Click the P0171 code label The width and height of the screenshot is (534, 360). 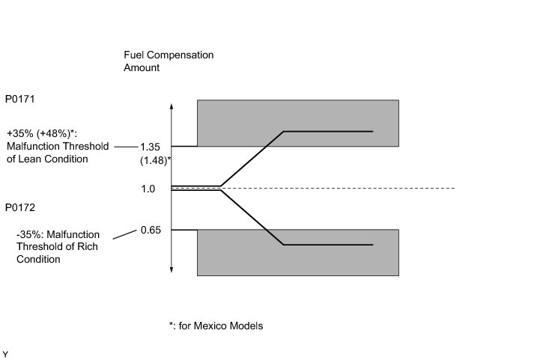click(x=20, y=99)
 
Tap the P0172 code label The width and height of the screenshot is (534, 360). click(x=20, y=206)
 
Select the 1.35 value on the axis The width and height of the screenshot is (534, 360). click(x=151, y=147)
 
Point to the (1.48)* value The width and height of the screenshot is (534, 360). click(x=154, y=160)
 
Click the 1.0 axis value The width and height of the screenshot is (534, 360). click(x=148, y=189)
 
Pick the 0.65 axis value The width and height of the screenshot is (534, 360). click(x=151, y=230)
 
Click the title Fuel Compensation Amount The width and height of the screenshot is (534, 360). click(x=169, y=61)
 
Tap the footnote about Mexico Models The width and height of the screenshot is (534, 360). click(x=216, y=326)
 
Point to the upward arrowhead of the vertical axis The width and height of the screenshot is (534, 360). click(x=172, y=105)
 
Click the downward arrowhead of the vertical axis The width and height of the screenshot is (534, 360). click(x=172, y=269)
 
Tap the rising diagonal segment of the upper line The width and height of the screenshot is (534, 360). click(x=252, y=158)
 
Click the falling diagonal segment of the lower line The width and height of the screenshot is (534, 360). click(x=252, y=218)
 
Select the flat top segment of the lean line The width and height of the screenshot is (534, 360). click(x=328, y=131)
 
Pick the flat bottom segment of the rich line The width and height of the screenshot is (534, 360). click(x=328, y=245)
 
